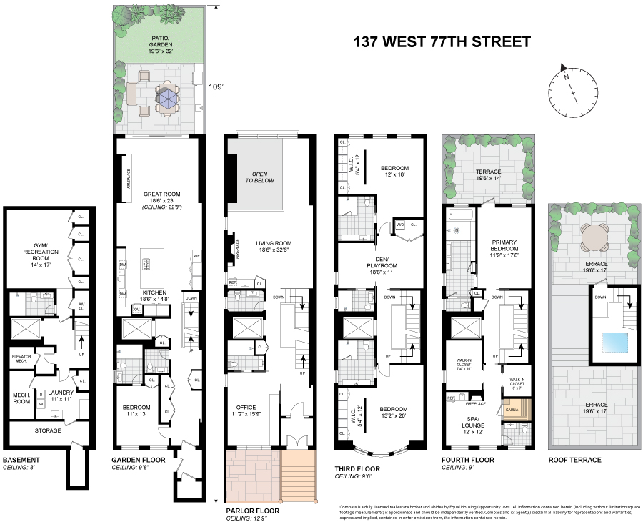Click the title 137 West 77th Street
click(442, 41)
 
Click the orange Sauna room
click(512, 410)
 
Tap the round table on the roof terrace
click(593, 237)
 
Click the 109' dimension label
click(215, 87)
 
